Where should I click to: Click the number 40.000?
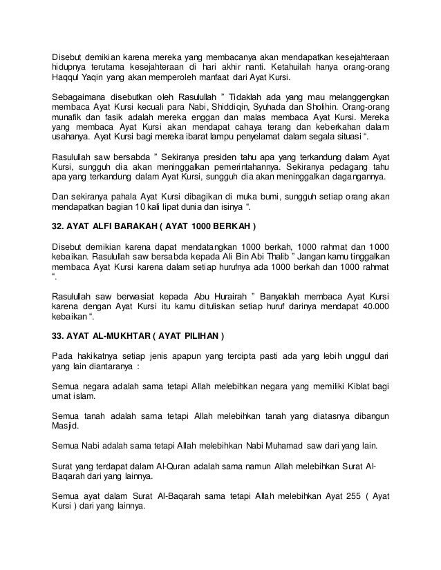pyautogui.click(x=372, y=306)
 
